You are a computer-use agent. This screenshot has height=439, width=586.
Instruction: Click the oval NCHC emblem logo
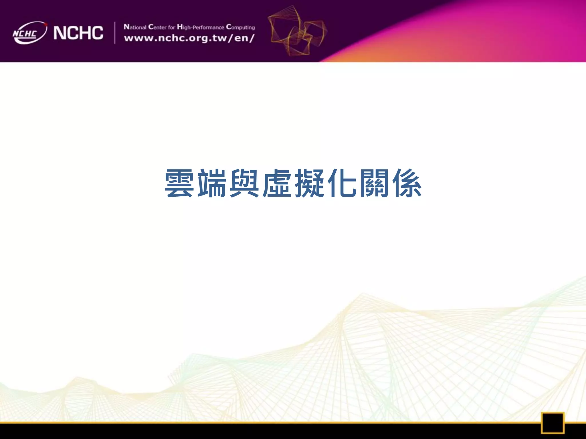coord(29,33)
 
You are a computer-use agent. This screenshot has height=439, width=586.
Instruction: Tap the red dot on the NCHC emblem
coord(45,25)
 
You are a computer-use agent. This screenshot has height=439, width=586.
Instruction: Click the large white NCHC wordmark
coord(78,33)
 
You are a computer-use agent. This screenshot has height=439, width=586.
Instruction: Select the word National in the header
coord(135,27)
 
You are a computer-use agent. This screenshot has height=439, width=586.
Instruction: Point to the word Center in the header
coord(157,27)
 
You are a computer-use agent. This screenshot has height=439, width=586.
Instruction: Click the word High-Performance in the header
coord(200,27)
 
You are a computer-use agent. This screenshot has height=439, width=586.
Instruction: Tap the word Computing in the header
coord(240,27)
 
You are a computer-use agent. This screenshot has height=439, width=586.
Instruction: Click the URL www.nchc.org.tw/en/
coord(189,38)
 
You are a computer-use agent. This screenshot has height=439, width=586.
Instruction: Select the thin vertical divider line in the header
coord(115,33)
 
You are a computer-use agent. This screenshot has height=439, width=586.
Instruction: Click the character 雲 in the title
coord(179,183)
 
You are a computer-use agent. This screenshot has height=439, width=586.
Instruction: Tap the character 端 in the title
coord(212,183)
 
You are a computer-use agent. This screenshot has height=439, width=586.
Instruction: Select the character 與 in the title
coord(244,183)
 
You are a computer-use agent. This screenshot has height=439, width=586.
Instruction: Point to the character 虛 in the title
coord(277,183)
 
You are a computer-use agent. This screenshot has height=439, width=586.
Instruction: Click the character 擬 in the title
coord(309,183)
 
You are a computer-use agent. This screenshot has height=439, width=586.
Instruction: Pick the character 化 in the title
coord(342,183)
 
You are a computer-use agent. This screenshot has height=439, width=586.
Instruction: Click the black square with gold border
coord(553,423)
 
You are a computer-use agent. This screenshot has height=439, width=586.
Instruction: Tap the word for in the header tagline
coord(171,27)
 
